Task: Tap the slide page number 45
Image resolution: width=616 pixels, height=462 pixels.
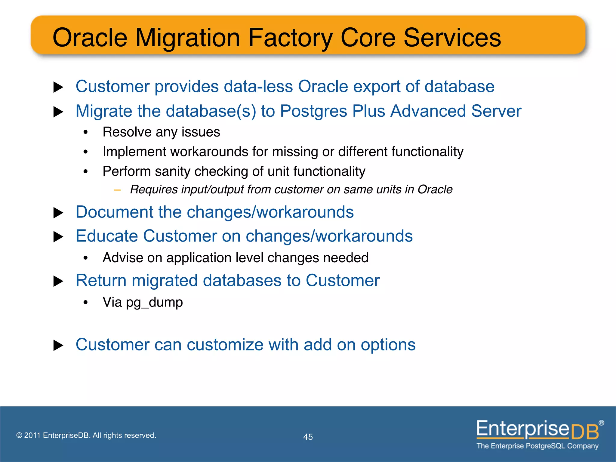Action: coord(308,437)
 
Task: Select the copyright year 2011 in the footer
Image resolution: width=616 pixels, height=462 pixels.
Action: coord(32,435)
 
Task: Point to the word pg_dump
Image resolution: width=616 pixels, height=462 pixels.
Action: coord(154,302)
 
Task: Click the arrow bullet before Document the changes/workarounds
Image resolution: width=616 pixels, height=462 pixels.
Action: coord(58,213)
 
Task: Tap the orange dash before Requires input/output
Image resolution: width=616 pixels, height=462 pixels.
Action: coord(117,190)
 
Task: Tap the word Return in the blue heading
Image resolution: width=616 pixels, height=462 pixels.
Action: coord(101,281)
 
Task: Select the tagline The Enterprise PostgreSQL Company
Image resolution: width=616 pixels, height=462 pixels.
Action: coord(537,446)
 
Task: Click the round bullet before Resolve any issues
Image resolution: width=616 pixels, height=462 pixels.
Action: coord(86,132)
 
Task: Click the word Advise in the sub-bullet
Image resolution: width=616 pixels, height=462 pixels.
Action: coord(123,258)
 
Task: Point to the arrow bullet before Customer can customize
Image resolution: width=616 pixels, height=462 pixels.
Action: coord(58,345)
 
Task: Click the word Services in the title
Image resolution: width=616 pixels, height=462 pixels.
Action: coord(452,38)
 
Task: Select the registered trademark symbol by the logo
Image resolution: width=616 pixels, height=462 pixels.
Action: coord(601,423)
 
